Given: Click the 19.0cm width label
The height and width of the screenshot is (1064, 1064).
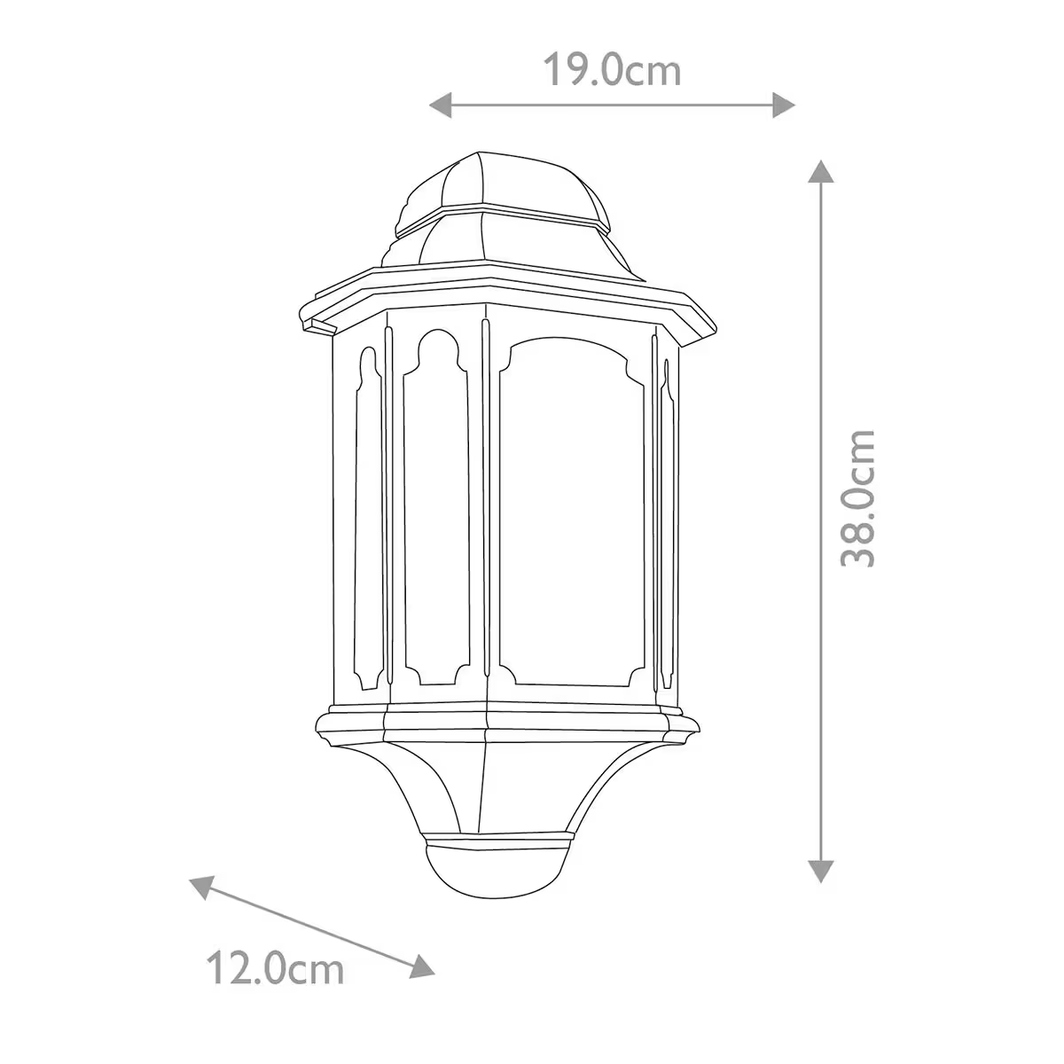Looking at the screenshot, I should click(x=612, y=70).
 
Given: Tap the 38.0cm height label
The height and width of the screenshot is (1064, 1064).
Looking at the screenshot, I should click(x=858, y=498).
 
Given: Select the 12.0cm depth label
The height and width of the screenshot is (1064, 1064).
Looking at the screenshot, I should click(x=275, y=968).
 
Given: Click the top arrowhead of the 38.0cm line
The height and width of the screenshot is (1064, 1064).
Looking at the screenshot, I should click(x=822, y=171).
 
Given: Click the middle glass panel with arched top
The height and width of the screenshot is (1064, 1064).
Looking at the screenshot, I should click(x=434, y=514).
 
